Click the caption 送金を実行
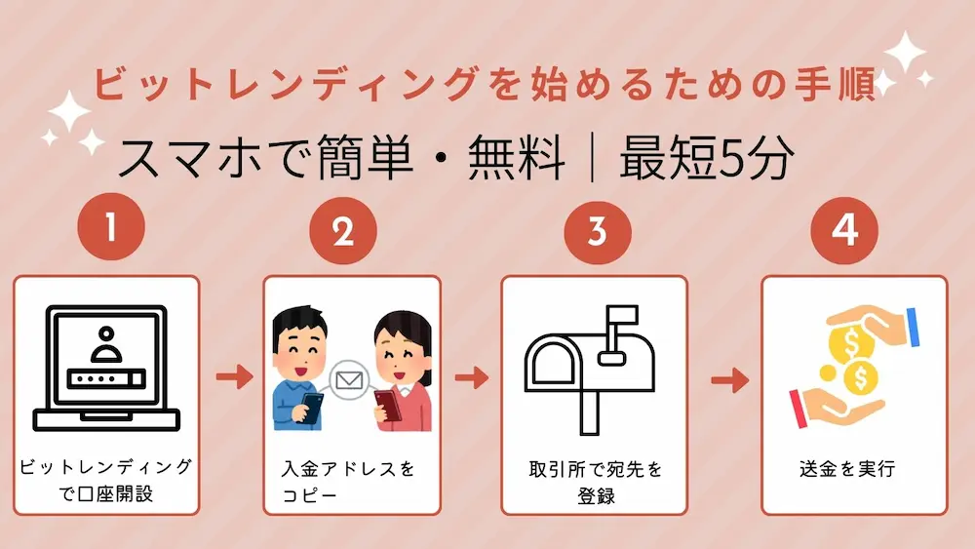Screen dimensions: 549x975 coord(845,469)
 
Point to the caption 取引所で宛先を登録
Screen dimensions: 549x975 coord(593,481)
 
